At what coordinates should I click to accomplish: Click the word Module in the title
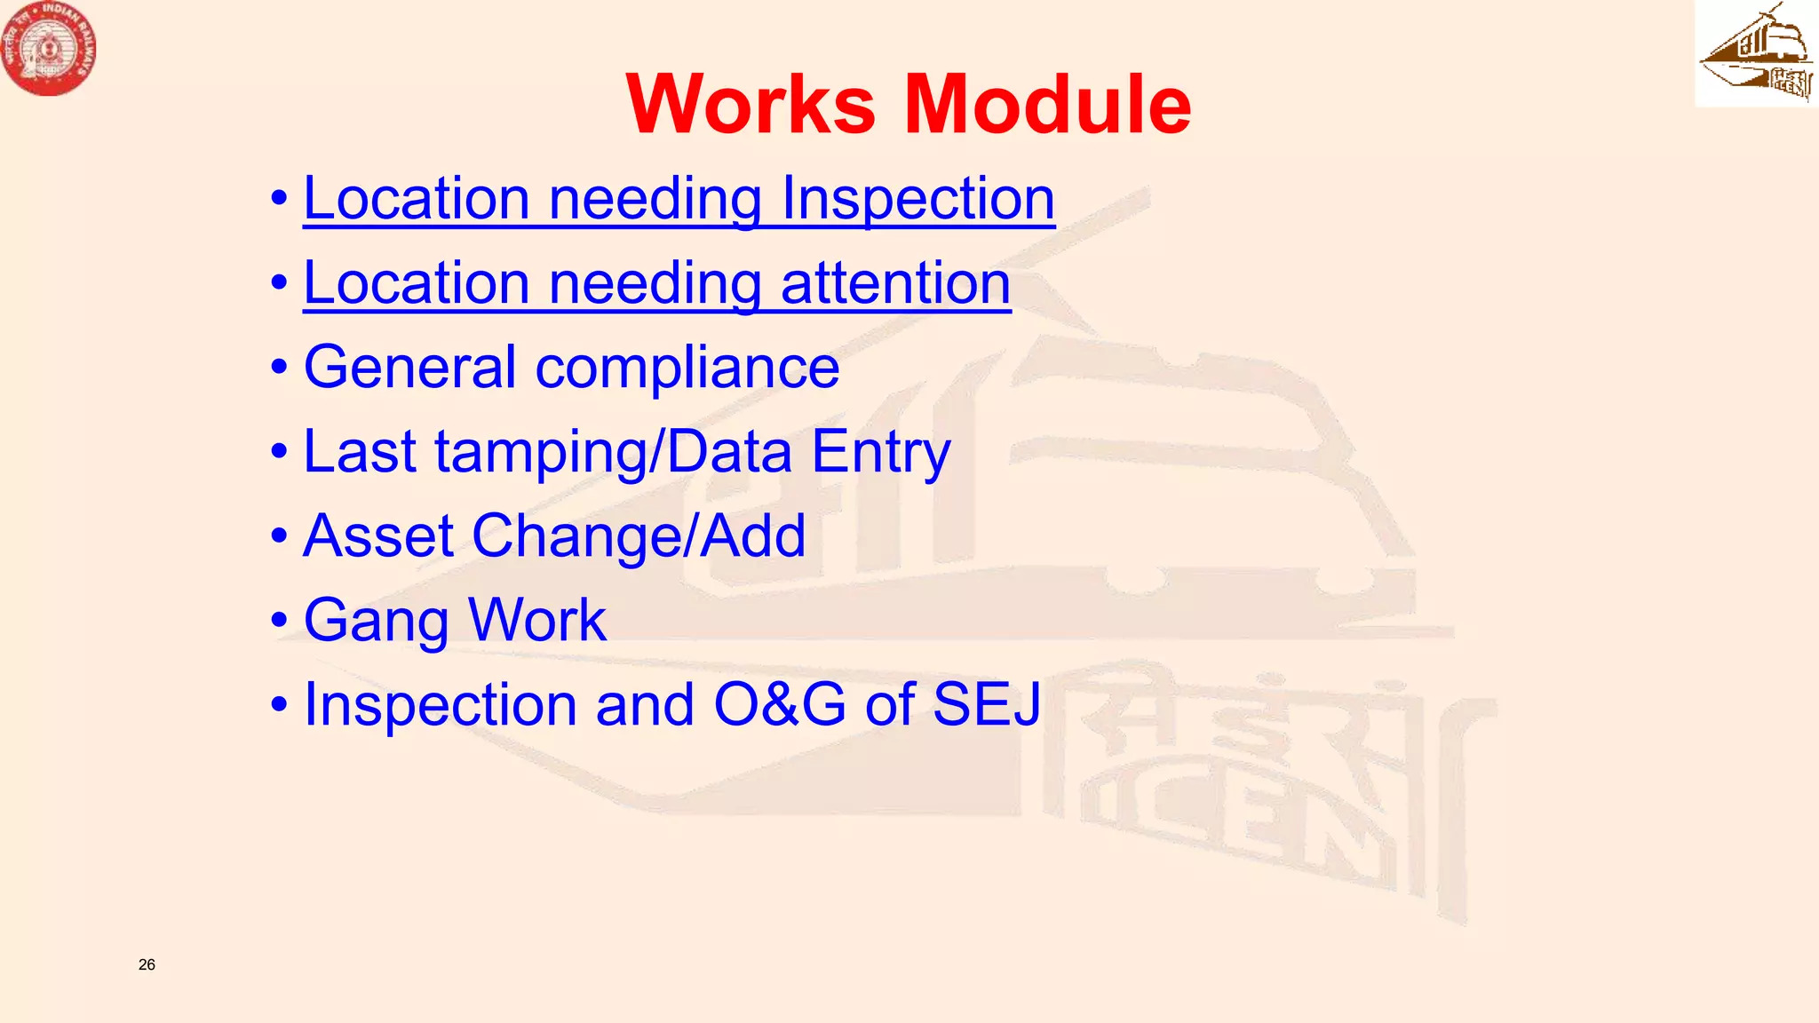(1047, 105)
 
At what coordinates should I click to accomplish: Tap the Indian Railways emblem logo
(48, 48)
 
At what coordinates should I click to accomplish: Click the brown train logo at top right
(1756, 53)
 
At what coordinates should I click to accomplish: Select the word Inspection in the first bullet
(917, 198)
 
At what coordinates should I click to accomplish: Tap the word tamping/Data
(613, 452)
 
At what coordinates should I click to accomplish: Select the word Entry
(880, 452)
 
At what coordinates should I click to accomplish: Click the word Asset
(378, 535)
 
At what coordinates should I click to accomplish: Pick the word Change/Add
(639, 535)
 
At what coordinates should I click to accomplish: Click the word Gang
(376, 621)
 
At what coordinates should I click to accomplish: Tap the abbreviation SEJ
(987, 704)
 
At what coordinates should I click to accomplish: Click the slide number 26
(147, 964)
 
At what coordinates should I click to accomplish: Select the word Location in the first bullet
(417, 198)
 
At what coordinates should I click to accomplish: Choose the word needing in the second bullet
(655, 283)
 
